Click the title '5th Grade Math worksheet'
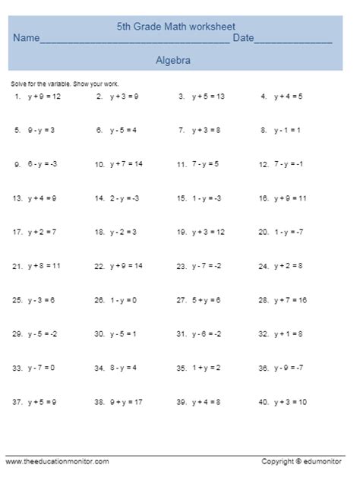click(x=181, y=27)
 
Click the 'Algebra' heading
click(x=172, y=59)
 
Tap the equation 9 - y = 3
click(x=41, y=130)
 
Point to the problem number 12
click(x=263, y=164)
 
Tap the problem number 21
click(x=17, y=266)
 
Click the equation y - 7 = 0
click(x=41, y=367)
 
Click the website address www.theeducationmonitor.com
click(x=58, y=461)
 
